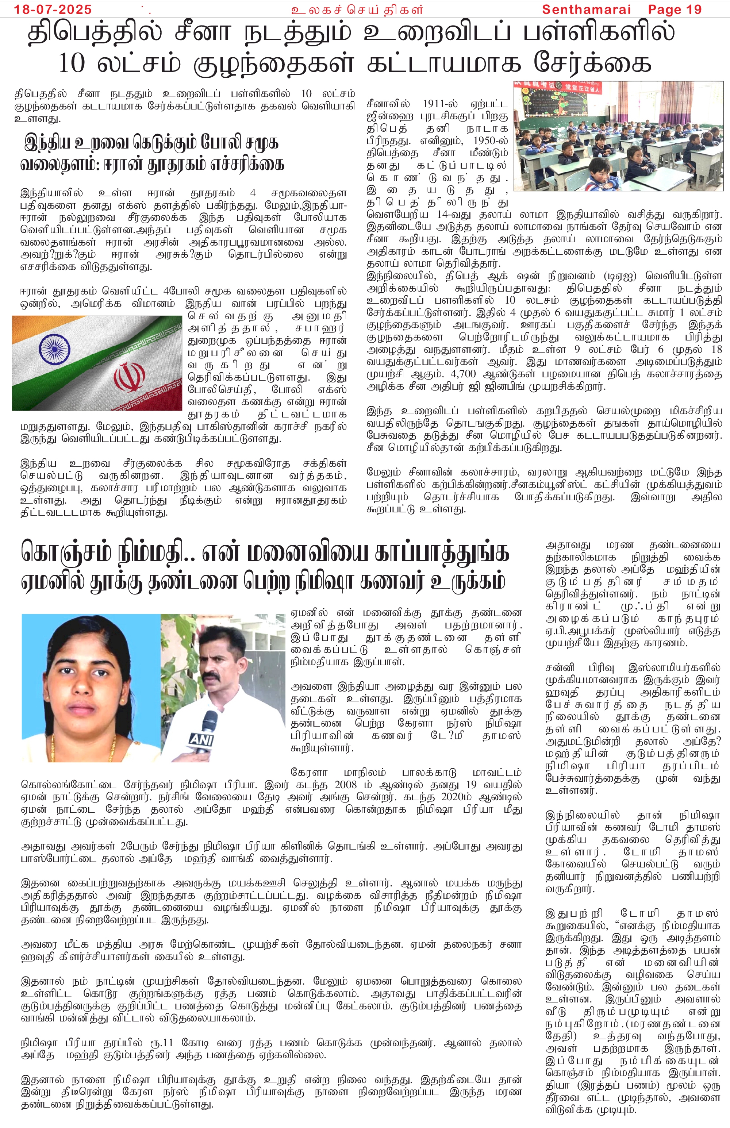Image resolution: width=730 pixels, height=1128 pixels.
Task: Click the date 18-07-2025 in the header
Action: (x=53, y=9)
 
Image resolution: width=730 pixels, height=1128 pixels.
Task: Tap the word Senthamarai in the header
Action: (x=586, y=9)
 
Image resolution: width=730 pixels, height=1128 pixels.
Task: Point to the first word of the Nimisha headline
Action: (x=66, y=553)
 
